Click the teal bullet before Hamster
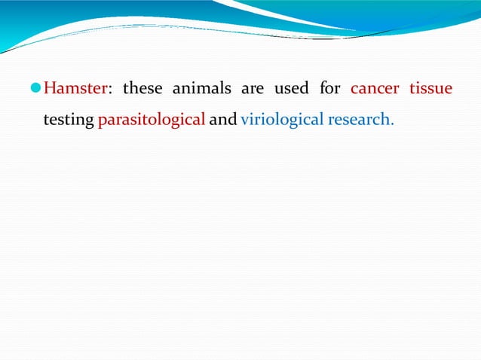(35, 89)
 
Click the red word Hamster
(75, 89)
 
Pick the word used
(291, 89)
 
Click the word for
(330, 89)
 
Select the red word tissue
(430, 89)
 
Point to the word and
(222, 119)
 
